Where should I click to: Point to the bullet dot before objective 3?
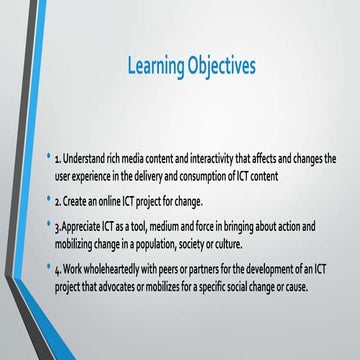tap(47, 226)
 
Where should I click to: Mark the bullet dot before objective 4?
tap(47, 268)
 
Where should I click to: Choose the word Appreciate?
tap(82, 227)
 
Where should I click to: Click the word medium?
tap(167, 227)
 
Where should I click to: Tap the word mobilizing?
tap(79, 243)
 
